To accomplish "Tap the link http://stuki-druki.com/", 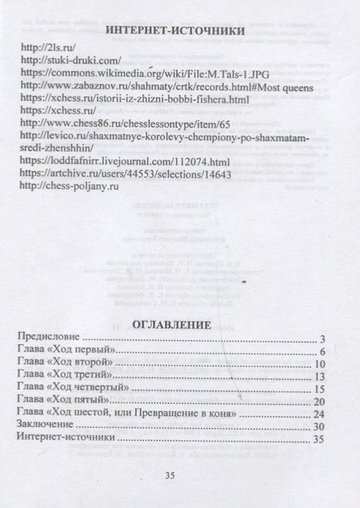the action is pos(70,61).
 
